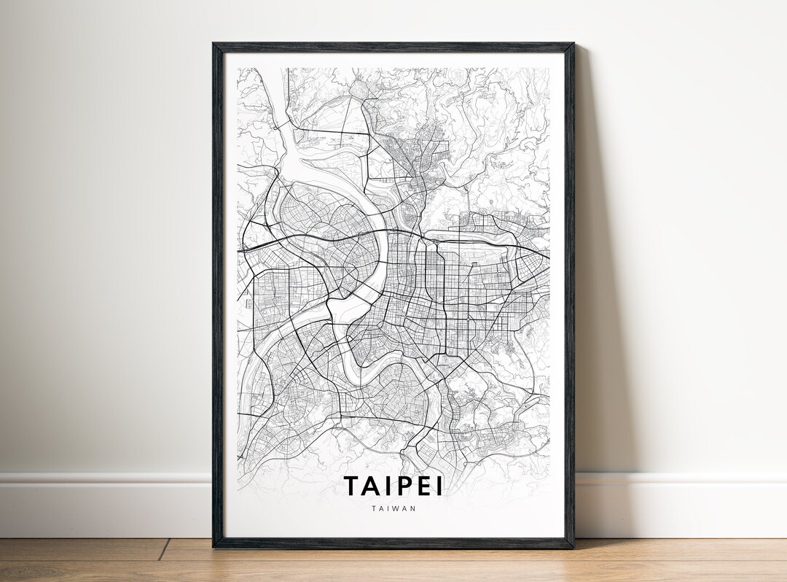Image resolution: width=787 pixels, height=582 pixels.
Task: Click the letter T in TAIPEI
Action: click(352, 486)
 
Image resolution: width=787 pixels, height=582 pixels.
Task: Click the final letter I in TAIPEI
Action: click(439, 486)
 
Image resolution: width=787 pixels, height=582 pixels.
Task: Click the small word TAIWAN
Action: click(393, 508)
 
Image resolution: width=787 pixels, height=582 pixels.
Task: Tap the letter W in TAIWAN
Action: click(396, 508)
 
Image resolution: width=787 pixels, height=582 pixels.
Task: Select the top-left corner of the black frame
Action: click(214, 44)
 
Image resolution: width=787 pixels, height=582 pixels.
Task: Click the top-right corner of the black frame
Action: click(572, 44)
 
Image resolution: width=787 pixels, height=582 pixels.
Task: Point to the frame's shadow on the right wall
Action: click(590, 292)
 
